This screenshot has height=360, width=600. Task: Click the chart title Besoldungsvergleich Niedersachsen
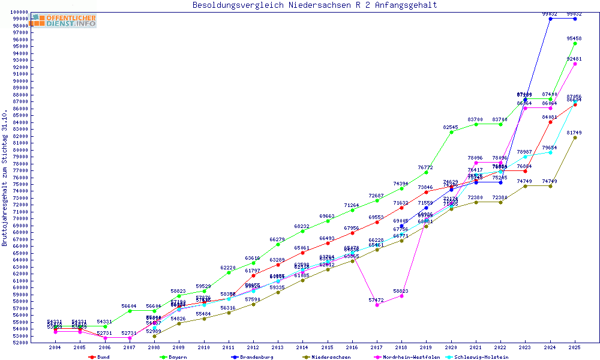pyautogui.click(x=314, y=5)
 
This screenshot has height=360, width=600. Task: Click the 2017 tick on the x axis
pyautogui.click(x=377, y=348)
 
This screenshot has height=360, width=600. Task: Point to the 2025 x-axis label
pyautogui.click(x=575, y=348)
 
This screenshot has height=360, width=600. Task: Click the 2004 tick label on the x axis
pyautogui.click(x=55, y=348)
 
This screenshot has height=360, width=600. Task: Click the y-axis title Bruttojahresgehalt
pyautogui.click(x=5, y=178)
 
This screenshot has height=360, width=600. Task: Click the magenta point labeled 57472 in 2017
pyautogui.click(x=377, y=305)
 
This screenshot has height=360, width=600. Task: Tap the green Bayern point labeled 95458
pyautogui.click(x=575, y=43)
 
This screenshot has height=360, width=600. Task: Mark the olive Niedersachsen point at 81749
pyautogui.click(x=575, y=137)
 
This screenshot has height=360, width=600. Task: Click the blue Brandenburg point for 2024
pyautogui.click(x=550, y=19)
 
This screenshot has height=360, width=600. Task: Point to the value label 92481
pyautogui.click(x=574, y=59)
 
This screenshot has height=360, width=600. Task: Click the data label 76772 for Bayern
pyautogui.click(x=425, y=167)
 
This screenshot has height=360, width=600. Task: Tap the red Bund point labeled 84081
pyautogui.click(x=550, y=122)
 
